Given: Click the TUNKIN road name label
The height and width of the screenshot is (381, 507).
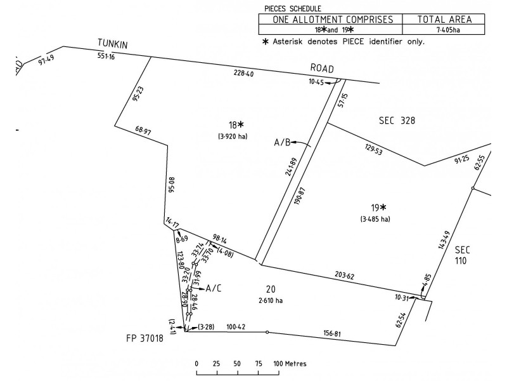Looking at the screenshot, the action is click(x=113, y=44).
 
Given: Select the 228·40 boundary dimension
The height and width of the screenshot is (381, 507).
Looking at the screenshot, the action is click(x=243, y=74).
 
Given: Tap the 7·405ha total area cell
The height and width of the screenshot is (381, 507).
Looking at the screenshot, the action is click(x=448, y=30).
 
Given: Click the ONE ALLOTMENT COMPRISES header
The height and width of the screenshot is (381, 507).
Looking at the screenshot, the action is click(x=333, y=20).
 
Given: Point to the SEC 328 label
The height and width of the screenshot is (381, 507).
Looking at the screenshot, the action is click(x=397, y=121).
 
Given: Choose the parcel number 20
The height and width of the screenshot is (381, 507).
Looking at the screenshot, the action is click(x=271, y=289).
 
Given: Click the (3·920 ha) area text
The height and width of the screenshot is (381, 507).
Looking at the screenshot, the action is click(x=233, y=137).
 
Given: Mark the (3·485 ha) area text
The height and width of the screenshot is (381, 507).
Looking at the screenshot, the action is click(x=375, y=219).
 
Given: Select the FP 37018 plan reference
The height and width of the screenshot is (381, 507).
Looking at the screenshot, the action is click(x=144, y=338).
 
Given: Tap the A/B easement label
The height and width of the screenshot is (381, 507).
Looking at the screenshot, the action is click(x=282, y=142).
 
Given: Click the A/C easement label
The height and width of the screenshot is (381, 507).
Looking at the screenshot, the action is click(x=214, y=288).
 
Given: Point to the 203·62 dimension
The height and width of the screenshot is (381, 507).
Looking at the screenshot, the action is click(x=344, y=276).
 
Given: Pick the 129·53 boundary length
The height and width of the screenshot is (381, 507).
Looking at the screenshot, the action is click(x=373, y=150).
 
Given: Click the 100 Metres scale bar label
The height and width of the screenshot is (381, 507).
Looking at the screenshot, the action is click(x=290, y=363).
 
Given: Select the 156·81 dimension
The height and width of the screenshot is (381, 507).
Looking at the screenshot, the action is click(x=332, y=333).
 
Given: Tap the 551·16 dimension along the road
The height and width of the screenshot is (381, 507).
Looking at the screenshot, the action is click(x=106, y=56).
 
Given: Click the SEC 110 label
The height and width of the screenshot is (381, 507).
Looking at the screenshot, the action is click(x=462, y=255).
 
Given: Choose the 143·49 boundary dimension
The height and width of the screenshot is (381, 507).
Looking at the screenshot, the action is click(x=444, y=240).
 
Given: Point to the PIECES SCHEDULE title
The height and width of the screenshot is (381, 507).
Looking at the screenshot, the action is click(x=293, y=9).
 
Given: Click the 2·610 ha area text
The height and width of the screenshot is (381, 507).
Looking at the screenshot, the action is click(x=271, y=300).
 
